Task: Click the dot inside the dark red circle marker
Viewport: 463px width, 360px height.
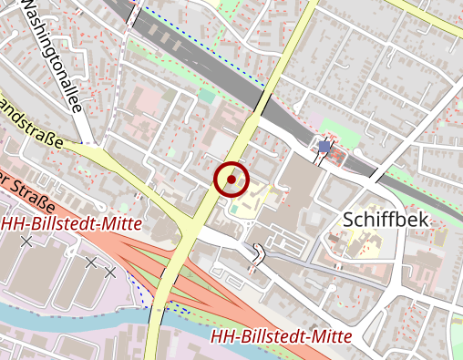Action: (x=231, y=180)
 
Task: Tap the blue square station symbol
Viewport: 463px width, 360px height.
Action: (x=324, y=146)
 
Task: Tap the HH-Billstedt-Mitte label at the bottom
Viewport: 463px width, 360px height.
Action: (x=280, y=336)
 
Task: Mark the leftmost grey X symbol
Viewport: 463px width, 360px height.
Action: (x=26, y=242)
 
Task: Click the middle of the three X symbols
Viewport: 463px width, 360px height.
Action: (x=91, y=262)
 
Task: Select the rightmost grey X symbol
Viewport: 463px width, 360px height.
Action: (x=110, y=272)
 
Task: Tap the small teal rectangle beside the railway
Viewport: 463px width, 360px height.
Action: (x=208, y=94)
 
